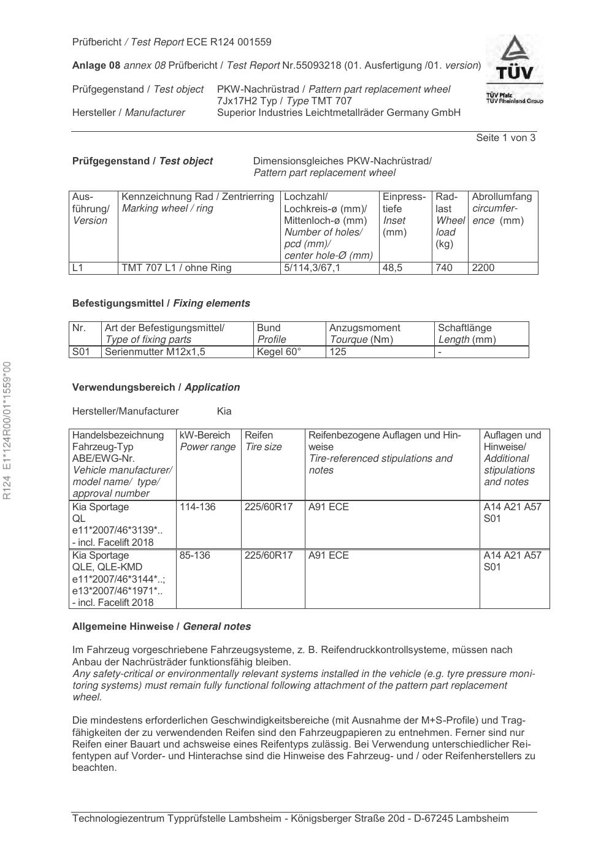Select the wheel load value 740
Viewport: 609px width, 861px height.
[x=444, y=267]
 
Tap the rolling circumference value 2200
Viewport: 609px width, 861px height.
[x=483, y=267]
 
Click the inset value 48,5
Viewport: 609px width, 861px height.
[x=393, y=267]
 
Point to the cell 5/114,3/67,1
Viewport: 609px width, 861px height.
[x=312, y=267]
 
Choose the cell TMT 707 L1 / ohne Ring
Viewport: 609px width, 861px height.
[x=177, y=267]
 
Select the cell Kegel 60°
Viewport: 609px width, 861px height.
[x=279, y=351]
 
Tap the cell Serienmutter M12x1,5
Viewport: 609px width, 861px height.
[x=155, y=351]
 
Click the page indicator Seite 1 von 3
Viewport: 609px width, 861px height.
[x=505, y=137]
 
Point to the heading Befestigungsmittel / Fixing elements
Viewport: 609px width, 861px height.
[x=161, y=303]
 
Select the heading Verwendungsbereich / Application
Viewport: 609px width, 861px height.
[x=156, y=387]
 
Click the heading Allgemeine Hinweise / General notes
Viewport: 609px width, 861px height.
[x=161, y=626]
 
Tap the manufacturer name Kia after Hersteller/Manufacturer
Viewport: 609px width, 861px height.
[x=224, y=411]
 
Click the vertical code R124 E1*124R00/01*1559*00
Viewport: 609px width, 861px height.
[x=7, y=430]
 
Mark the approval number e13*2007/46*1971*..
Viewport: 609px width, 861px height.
[x=117, y=591]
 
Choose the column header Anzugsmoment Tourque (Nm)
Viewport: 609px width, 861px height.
[x=364, y=334]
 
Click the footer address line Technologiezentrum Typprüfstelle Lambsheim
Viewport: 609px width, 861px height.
[x=290, y=818]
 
